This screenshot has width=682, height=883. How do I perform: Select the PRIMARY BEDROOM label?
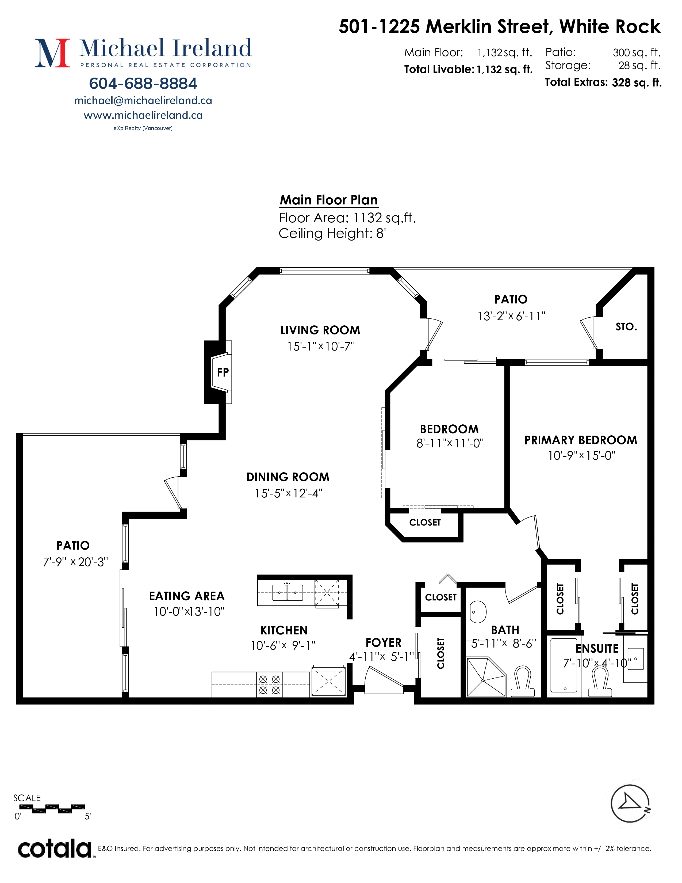pyautogui.click(x=581, y=440)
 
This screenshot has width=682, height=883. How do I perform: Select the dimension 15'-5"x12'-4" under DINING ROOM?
pyautogui.click(x=289, y=493)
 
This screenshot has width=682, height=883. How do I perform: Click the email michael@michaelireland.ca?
pyautogui.click(x=143, y=101)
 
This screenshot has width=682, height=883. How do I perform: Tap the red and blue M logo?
pyautogui.click(x=52, y=53)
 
